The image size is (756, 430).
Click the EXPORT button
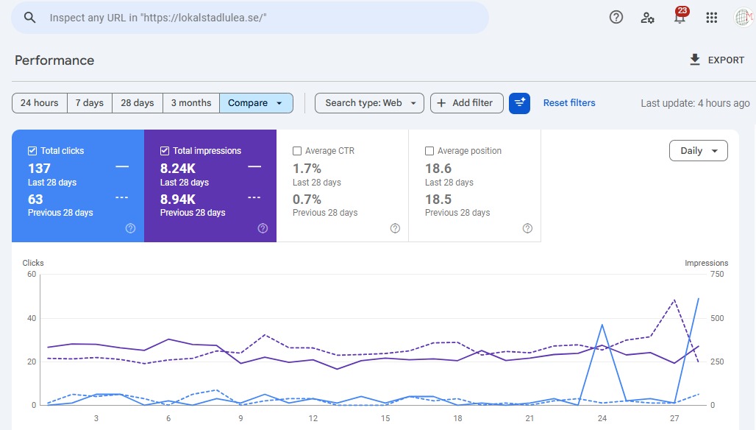pos(717,60)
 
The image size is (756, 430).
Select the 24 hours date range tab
pos(40,103)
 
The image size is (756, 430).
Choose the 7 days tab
pos(90,103)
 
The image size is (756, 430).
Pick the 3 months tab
pos(191,103)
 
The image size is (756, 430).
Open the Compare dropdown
pos(256,103)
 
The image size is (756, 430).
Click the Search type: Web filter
pos(369,103)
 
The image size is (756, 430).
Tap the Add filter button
pos(467,103)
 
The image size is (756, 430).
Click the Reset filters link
pos(569,103)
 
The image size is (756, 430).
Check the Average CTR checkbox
pos(297,151)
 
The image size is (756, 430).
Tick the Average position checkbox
pos(429,151)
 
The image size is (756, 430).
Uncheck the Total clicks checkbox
pos(32,151)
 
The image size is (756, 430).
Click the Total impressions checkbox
pos(165,151)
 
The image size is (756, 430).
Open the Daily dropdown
pos(698,151)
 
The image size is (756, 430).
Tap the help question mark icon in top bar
pos(616,18)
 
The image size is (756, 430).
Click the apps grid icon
pos(712,18)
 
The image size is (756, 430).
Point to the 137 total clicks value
pos(39,169)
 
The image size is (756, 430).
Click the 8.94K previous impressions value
pos(178,200)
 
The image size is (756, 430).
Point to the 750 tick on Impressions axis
pos(717,274)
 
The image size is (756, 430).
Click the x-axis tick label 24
pos(602,418)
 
